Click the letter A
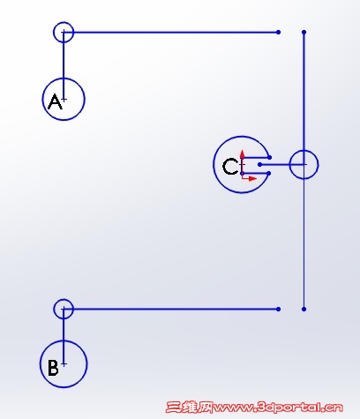[x=56, y=101]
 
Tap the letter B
[x=53, y=367]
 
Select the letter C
[x=230, y=167]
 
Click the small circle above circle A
[x=64, y=22]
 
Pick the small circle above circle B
[x=64, y=300]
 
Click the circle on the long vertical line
[x=304, y=150]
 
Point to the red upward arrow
[x=243, y=161]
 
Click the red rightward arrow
[x=250, y=178]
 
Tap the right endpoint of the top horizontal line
[x=278, y=32]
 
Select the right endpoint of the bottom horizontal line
[x=278, y=309]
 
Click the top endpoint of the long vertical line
[x=304, y=32]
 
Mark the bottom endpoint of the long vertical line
[x=304, y=309]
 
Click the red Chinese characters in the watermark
[x=189, y=408]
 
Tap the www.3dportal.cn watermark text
[x=278, y=408]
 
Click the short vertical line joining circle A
[x=64, y=66]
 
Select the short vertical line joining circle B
[x=64, y=337]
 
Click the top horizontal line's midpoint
[x=171, y=32]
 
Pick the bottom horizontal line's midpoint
[x=171, y=309]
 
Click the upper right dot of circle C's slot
[x=270, y=158]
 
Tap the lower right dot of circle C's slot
[x=269, y=174]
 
